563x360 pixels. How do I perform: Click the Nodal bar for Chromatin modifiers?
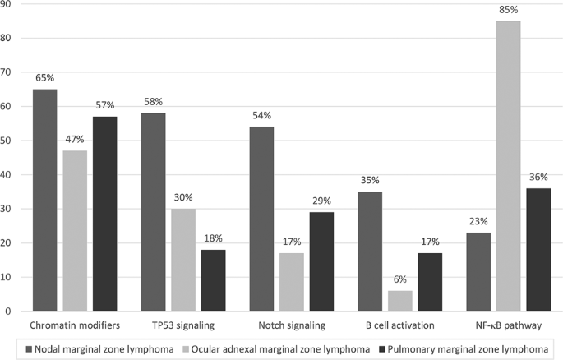click(x=44, y=201)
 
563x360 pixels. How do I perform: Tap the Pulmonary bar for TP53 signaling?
click(x=213, y=280)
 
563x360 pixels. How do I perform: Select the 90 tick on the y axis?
click(x=7, y=4)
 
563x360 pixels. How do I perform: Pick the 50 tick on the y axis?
click(x=7, y=141)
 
